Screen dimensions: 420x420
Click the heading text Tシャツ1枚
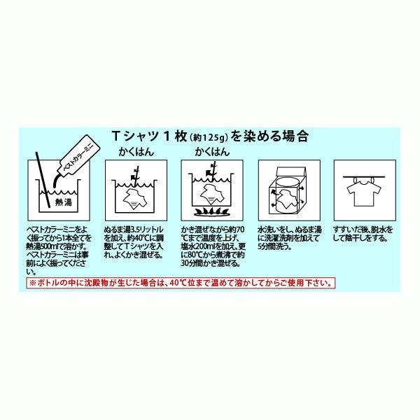150,136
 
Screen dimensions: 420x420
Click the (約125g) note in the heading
209,137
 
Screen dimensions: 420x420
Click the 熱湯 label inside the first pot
64,202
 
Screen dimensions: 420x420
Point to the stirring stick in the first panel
43,179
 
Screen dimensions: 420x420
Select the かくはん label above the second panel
136,152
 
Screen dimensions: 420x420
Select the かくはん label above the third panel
212,152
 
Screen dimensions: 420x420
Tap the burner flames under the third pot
212,212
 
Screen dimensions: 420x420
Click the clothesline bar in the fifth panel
364,177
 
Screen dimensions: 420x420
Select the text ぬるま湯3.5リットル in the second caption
134,230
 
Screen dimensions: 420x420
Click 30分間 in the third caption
191,263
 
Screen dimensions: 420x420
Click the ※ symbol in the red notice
32,283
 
